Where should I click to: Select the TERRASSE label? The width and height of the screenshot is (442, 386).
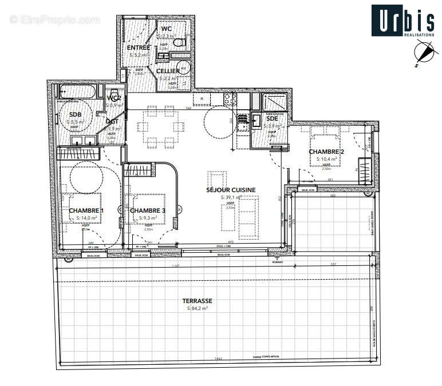[197, 301]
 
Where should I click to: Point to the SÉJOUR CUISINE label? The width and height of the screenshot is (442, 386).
[231, 190]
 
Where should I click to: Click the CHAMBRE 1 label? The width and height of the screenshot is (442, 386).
[86, 211]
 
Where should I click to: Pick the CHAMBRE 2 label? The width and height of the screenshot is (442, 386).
[326, 152]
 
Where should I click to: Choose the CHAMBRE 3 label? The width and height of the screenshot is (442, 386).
[147, 211]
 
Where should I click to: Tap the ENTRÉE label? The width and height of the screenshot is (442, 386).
[139, 47]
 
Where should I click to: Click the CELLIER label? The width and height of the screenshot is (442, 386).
[168, 71]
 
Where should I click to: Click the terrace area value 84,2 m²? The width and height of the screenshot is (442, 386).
[197, 308]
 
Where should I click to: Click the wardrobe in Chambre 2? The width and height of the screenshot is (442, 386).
[364, 170]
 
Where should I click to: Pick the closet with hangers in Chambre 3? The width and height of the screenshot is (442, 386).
[139, 169]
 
